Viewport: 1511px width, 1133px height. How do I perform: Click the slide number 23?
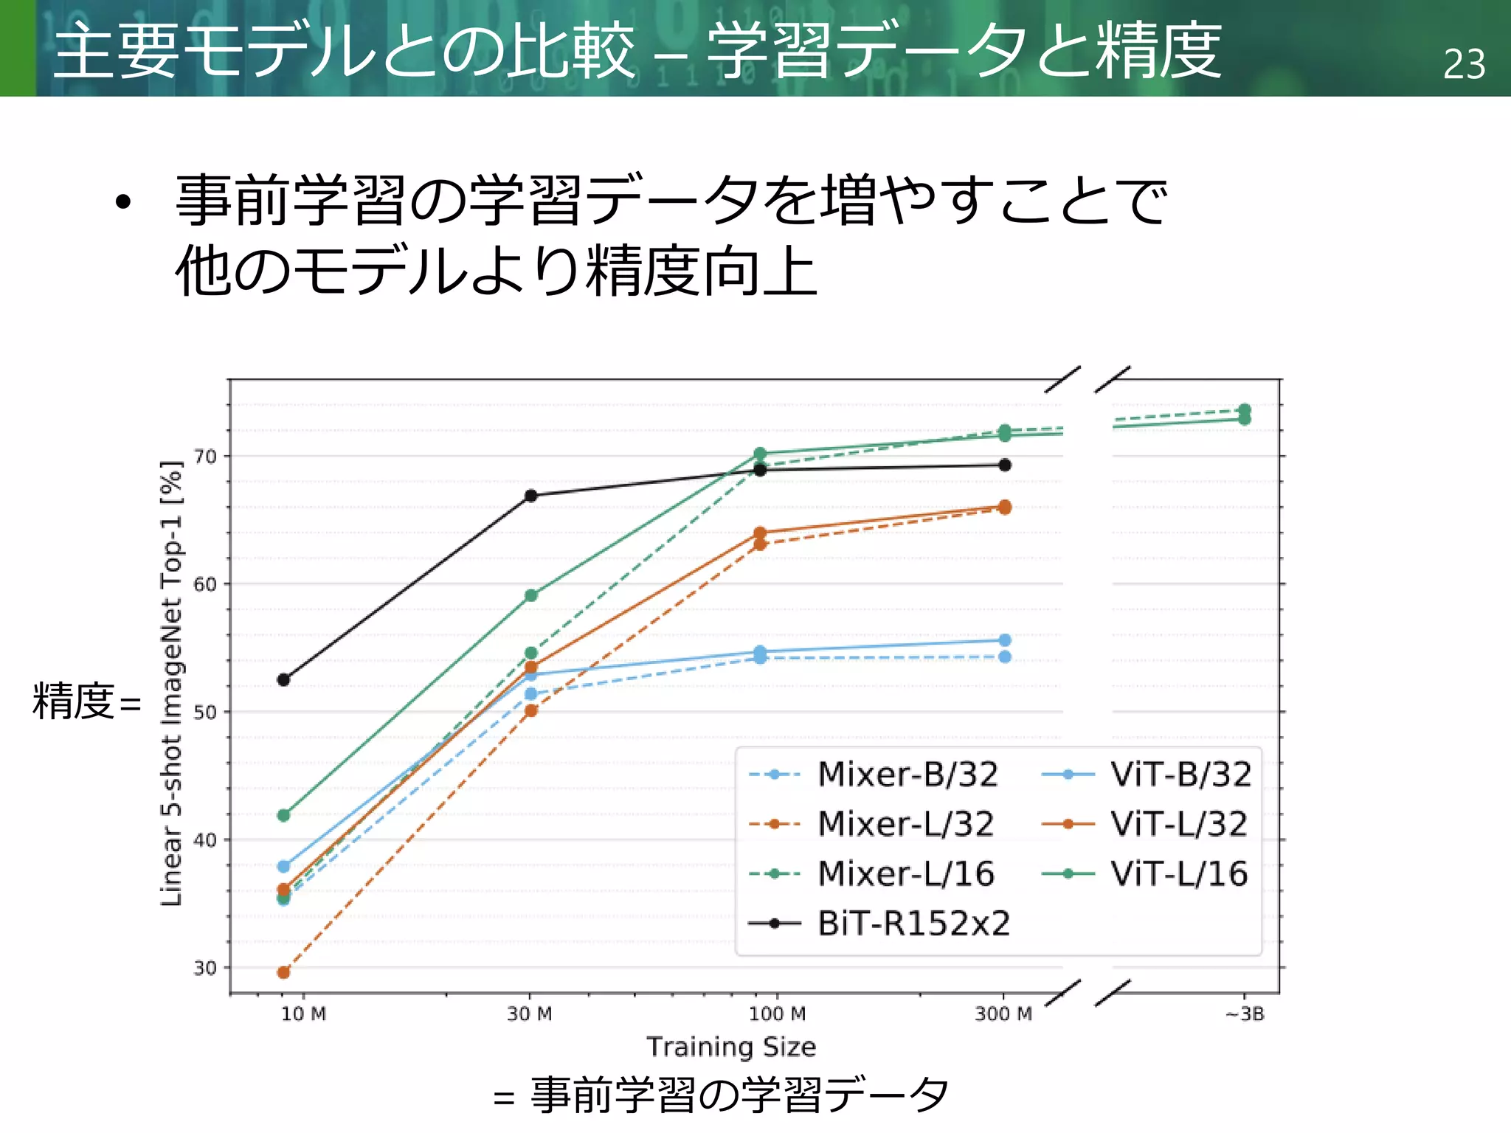(1464, 64)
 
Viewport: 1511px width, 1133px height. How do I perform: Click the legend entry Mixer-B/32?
(907, 775)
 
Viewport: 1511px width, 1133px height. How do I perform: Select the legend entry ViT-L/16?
(1179, 874)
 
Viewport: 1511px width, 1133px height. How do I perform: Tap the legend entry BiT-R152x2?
(913, 924)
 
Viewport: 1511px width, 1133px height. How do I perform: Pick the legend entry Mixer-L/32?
(906, 824)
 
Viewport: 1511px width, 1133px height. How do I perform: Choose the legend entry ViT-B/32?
(1180, 775)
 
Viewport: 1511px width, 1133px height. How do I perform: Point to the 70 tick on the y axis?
(206, 457)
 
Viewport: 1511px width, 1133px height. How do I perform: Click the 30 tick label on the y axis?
(206, 968)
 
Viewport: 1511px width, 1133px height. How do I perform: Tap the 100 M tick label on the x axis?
(777, 1014)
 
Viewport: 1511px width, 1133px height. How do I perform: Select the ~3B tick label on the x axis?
(1245, 1014)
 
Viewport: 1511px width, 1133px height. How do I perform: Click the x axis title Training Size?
(731, 1047)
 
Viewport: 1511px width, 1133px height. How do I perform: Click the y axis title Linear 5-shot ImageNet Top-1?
(171, 683)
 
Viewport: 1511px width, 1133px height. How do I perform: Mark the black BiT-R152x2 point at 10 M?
(283, 679)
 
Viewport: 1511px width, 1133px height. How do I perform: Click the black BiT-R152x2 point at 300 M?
(1004, 465)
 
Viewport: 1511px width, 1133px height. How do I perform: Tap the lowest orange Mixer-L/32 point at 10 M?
(283, 972)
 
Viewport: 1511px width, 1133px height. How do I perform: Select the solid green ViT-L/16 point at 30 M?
(530, 595)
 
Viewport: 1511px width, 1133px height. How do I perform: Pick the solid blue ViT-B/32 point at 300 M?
(1004, 640)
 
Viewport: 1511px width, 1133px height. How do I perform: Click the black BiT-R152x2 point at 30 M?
(530, 496)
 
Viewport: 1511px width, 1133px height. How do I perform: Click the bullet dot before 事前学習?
(123, 202)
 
